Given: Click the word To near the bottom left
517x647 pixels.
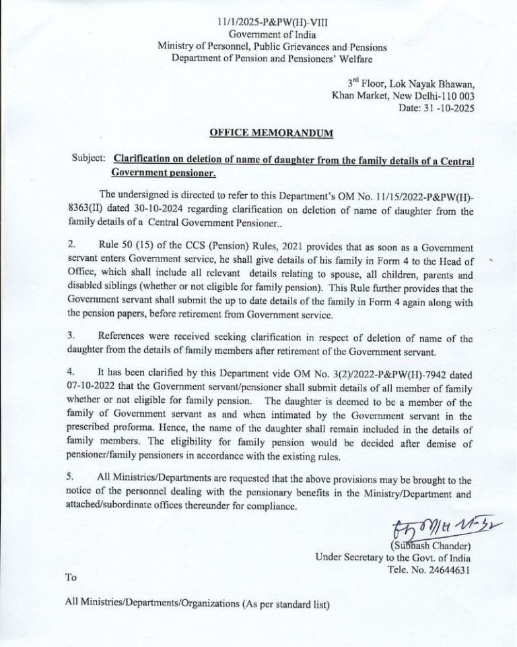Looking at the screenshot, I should pyautogui.click(x=71, y=577).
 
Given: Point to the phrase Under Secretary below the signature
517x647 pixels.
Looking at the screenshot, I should pyautogui.click(x=350, y=557).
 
